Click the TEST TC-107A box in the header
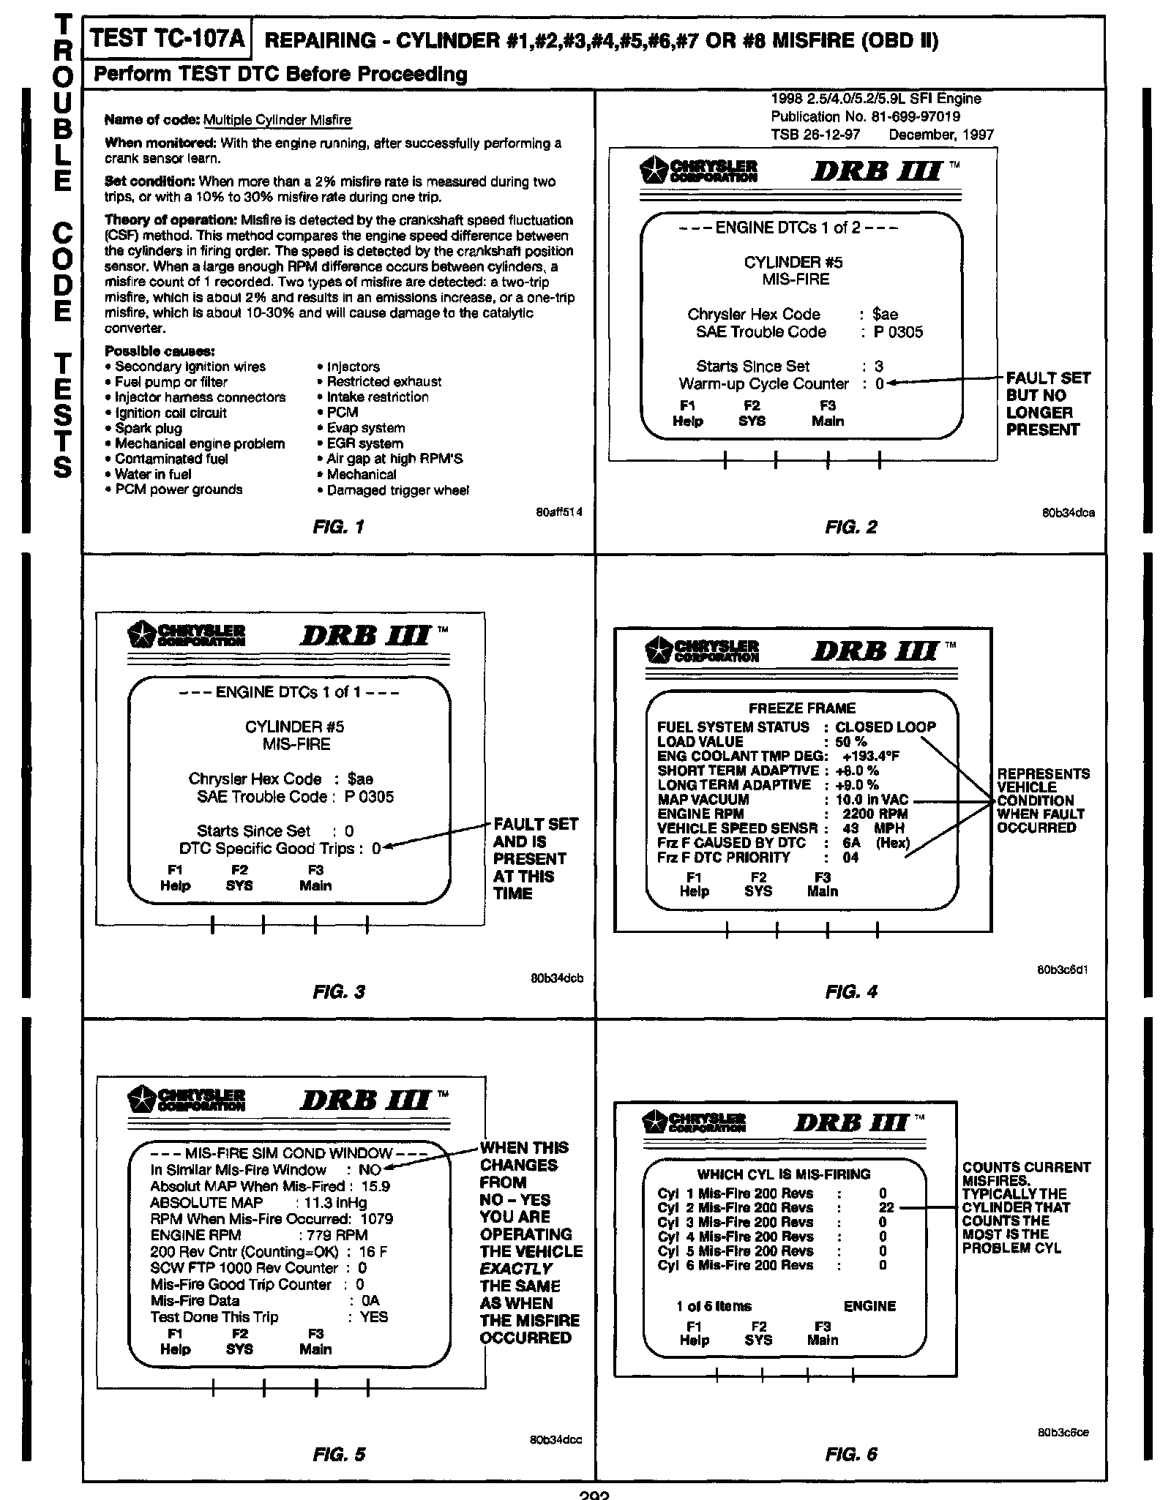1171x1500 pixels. [x=168, y=39]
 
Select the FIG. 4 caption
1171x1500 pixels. [x=850, y=992]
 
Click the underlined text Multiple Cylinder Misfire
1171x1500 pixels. [x=277, y=120]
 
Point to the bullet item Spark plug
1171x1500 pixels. [x=149, y=428]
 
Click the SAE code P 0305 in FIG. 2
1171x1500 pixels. [x=898, y=332]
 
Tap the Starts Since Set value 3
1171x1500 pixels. [x=879, y=367]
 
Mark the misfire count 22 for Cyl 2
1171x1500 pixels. [x=886, y=1208]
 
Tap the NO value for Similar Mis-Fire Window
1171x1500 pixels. [x=370, y=1170]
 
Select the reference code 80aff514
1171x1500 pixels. [x=559, y=513]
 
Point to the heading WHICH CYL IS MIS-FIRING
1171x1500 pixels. [x=783, y=1174]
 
